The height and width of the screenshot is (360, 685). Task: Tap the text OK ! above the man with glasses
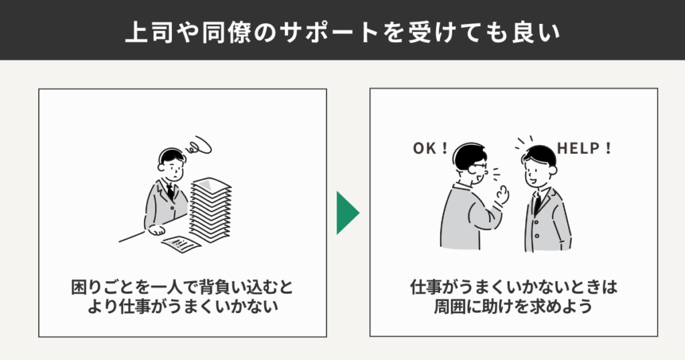[429, 148]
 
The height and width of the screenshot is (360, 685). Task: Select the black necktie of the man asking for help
[536, 203]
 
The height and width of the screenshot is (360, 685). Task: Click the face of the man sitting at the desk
[173, 167]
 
